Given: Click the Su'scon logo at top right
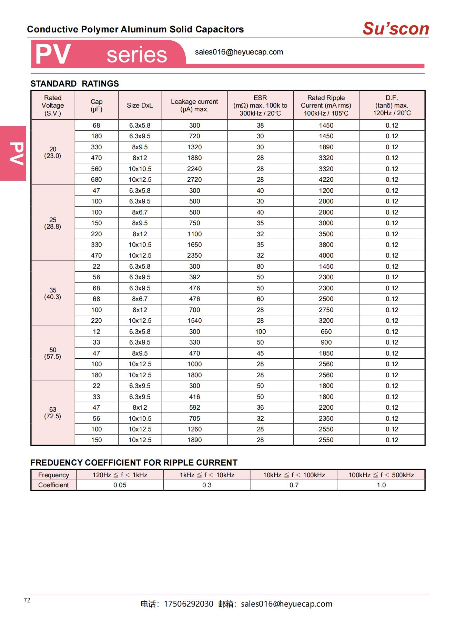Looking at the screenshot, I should (x=395, y=29).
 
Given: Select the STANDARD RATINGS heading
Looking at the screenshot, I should (x=74, y=84).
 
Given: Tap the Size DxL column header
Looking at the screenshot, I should (x=140, y=106).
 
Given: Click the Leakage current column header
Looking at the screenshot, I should (x=194, y=106).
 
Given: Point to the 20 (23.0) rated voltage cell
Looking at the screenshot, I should (x=53, y=152).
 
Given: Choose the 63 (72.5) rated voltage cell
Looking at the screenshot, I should (x=53, y=413).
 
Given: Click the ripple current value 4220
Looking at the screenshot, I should (x=326, y=180).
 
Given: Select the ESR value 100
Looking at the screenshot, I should (x=260, y=332).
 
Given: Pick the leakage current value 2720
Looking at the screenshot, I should (x=194, y=180).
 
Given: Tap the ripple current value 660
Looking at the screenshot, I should (x=326, y=332).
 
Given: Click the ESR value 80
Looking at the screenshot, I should (x=260, y=267).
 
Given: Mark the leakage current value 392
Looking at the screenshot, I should (x=194, y=277).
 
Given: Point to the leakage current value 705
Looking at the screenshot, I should (x=194, y=419).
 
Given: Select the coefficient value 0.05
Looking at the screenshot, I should (x=120, y=485).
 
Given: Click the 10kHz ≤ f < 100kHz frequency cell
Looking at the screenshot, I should (x=294, y=475).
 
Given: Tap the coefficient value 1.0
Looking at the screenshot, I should (x=381, y=485).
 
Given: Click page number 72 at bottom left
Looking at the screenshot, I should (x=27, y=600).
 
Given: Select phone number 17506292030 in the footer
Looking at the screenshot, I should (x=189, y=604).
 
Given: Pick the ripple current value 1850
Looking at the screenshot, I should (x=326, y=353).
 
